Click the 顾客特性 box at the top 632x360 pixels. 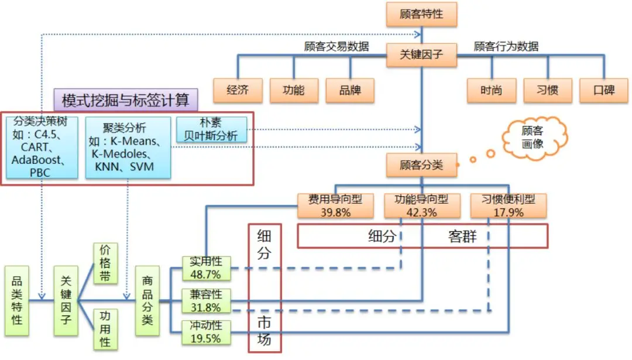tap(421, 14)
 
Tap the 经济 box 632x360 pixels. tap(238, 90)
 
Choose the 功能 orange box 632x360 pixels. tap(293, 90)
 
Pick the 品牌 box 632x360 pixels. tap(349, 90)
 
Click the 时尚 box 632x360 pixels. tap(491, 90)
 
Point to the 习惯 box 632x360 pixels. tap(547, 90)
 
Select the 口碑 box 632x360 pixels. tap(603, 90)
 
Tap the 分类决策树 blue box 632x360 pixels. tap(42, 147)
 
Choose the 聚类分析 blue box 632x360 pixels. tap(128, 147)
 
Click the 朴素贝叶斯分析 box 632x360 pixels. tap(211, 129)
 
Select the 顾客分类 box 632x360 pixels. tap(421, 165)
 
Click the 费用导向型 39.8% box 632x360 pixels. tap(335, 205)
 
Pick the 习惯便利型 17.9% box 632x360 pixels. tap(508, 205)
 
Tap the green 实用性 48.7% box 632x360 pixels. tap(205, 268)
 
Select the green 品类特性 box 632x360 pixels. tap(17, 301)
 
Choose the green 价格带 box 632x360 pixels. tap(105, 263)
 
